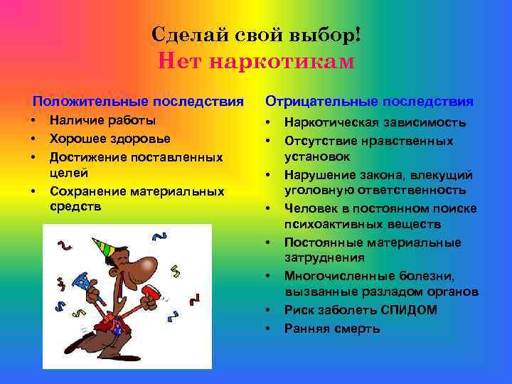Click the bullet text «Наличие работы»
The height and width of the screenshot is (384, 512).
coord(102,121)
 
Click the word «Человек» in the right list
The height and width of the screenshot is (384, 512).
coord(310,209)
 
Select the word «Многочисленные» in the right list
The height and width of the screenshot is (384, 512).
coord(336,276)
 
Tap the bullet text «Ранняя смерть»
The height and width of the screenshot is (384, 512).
coord(332,328)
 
